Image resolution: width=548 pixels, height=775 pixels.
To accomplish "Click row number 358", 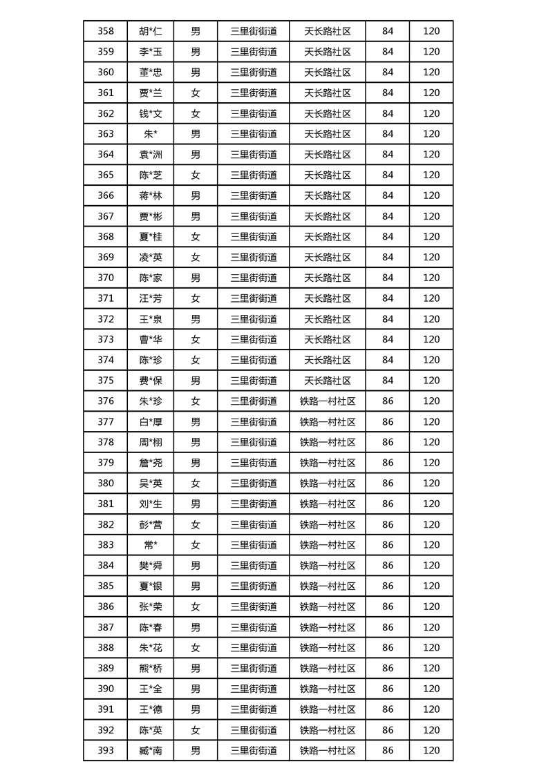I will [x=106, y=31].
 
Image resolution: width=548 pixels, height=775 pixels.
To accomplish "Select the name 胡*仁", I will [x=150, y=31].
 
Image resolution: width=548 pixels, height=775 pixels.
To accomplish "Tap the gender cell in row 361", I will [x=196, y=93].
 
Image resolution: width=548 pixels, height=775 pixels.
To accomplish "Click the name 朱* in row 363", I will [x=150, y=134].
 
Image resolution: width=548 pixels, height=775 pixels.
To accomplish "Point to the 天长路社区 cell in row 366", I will [x=328, y=195].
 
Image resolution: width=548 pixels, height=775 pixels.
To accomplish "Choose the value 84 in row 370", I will [x=388, y=278].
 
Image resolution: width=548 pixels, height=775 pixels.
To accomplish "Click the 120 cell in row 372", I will [x=431, y=319].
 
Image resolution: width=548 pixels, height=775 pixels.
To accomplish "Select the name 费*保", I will [x=150, y=381].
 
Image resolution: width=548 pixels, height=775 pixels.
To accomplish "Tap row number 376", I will [x=106, y=401].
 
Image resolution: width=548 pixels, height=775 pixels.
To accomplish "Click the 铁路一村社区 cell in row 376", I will [x=328, y=401].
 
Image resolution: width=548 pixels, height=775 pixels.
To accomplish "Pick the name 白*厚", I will [x=150, y=422].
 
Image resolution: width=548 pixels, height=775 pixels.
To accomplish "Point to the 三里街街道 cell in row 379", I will [x=254, y=463].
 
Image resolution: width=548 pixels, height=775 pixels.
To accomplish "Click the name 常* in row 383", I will [x=150, y=545].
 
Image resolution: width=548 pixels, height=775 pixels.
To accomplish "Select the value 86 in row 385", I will [x=388, y=586].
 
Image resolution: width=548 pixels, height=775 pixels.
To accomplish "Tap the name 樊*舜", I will [x=150, y=566].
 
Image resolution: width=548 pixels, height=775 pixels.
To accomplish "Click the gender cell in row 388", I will [x=196, y=648].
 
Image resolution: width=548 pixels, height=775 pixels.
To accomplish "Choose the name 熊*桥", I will [x=150, y=669].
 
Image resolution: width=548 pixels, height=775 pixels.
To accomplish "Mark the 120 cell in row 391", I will [x=431, y=709].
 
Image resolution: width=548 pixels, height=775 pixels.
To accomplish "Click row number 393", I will [x=106, y=751].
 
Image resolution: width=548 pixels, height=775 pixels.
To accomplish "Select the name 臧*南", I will [x=150, y=751].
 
